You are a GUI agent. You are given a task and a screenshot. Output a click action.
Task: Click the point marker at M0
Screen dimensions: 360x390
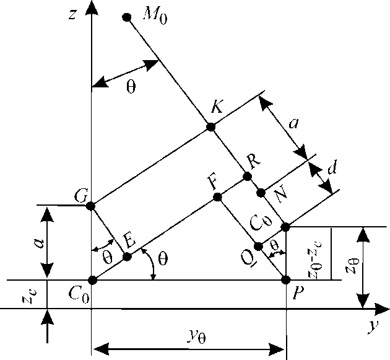coord(127,17)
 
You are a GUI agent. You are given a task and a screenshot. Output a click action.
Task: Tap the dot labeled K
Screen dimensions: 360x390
coord(210,127)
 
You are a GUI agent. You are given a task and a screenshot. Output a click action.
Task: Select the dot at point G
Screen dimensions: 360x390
coord(91,206)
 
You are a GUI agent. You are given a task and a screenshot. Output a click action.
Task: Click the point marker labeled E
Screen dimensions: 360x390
coord(127,257)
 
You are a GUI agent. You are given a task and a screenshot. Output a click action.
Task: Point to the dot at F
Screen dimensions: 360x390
coord(217,197)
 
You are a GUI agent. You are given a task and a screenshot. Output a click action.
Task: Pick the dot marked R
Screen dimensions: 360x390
coord(247,177)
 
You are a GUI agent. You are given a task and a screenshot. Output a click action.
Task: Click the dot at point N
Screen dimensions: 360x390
coord(261,191)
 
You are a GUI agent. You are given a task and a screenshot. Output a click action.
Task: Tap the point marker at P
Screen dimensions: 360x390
coord(286,280)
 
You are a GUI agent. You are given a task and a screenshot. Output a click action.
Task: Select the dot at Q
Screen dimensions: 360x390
coord(259,246)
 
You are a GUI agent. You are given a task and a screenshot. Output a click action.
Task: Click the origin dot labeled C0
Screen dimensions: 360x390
coord(92,280)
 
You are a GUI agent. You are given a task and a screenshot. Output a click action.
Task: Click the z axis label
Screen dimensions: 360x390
coord(72,14)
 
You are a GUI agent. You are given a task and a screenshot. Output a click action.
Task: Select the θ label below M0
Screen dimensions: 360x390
coord(131,87)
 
